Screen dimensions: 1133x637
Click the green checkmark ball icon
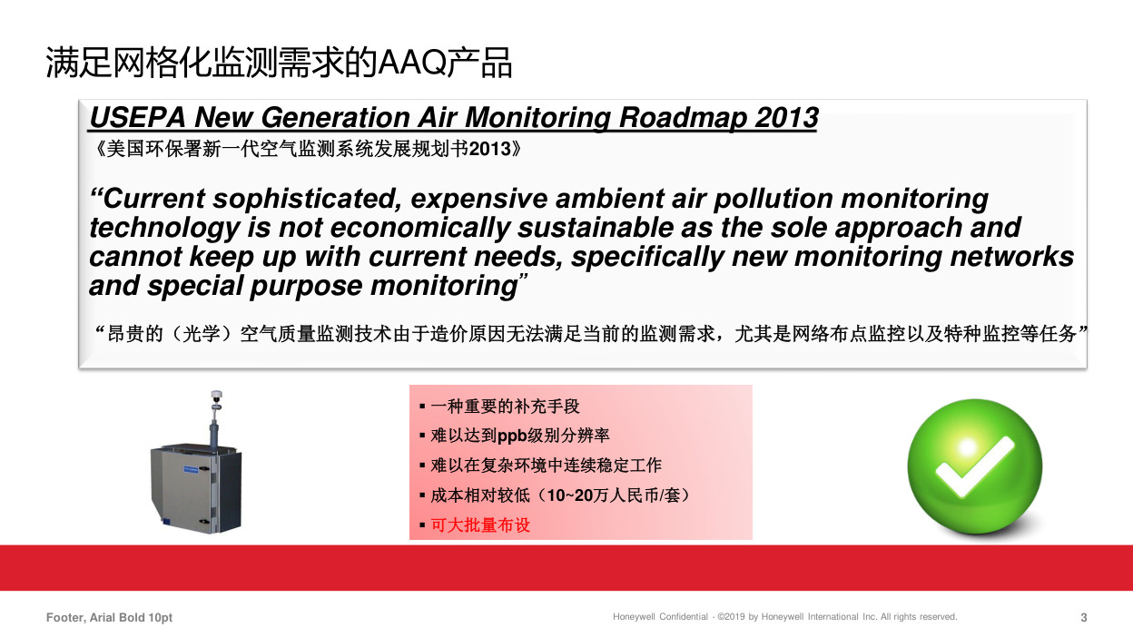pyautogui.click(x=975, y=466)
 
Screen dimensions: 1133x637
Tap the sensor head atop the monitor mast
pyautogui.click(x=216, y=397)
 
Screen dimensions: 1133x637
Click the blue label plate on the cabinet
pyautogui.click(x=191, y=469)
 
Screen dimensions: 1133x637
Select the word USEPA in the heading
pyautogui.click(x=138, y=117)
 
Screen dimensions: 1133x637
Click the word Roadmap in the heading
pyautogui.click(x=683, y=117)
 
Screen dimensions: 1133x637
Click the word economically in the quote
pyautogui.click(x=419, y=228)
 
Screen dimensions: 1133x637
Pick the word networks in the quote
pyautogui.click(x=1011, y=256)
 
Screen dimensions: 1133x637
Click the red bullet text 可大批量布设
pyautogui.click(x=480, y=525)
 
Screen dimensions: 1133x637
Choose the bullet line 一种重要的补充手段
pyautogui.click(x=505, y=407)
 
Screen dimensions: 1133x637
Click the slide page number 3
pyautogui.click(x=1083, y=617)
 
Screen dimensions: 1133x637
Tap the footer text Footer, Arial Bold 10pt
pyautogui.click(x=109, y=617)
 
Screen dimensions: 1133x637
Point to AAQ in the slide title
pyautogui.click(x=412, y=64)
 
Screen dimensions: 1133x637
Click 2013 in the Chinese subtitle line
pyautogui.click(x=489, y=149)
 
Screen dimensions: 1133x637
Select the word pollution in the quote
pyautogui.click(x=773, y=199)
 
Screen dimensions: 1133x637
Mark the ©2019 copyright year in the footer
pyautogui.click(x=731, y=617)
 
